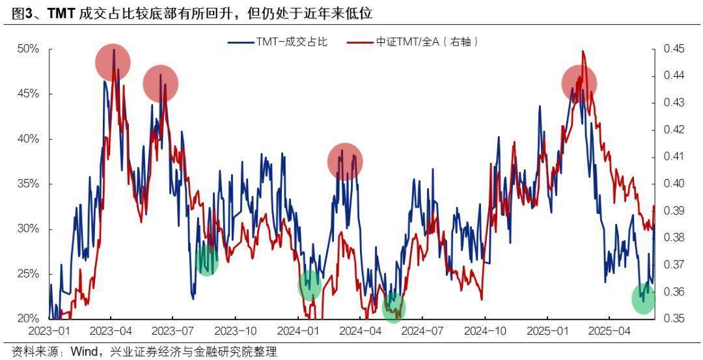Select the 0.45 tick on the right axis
click(x=674, y=49)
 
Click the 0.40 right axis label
click(x=674, y=184)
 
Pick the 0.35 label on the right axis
click(x=674, y=318)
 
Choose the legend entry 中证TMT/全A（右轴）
click(x=427, y=42)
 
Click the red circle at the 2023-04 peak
click(x=113, y=63)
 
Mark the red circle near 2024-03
click(x=345, y=161)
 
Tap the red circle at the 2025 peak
click(x=579, y=83)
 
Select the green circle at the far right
click(x=644, y=298)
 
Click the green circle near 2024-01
click(x=310, y=285)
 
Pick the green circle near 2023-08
click(x=206, y=260)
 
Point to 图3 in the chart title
click(x=24, y=13)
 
